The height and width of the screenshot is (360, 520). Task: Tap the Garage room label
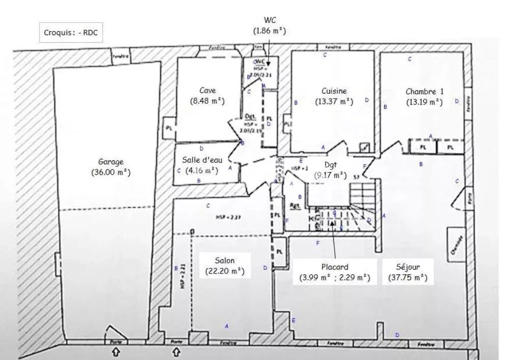click(x=111, y=162)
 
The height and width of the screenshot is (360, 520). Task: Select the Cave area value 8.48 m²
click(x=207, y=101)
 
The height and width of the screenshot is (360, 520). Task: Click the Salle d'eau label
click(x=203, y=159)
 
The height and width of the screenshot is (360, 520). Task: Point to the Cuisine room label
click(x=334, y=91)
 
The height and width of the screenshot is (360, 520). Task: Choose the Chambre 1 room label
click(x=424, y=92)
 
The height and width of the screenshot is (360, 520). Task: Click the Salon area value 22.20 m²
click(x=225, y=271)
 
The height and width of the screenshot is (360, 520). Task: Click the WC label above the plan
click(x=270, y=20)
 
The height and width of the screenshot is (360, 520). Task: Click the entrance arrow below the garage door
click(x=116, y=351)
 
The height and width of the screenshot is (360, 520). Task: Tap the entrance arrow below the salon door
click(x=176, y=351)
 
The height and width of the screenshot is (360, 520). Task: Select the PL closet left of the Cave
click(x=168, y=128)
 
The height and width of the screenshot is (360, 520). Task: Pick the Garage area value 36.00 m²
click(x=111, y=173)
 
